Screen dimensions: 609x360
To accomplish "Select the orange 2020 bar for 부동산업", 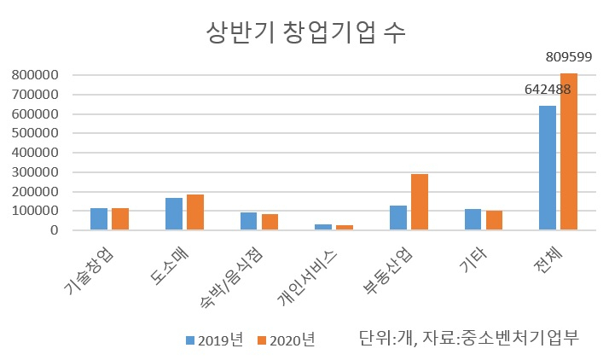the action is tap(420, 202).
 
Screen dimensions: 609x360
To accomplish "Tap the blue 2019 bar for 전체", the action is tap(548, 168).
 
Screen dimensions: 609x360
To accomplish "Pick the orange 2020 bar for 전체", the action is tap(569, 152).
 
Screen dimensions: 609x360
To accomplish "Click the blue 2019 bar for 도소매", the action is tap(174, 214).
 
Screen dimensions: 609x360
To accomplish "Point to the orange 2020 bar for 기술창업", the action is tap(120, 219).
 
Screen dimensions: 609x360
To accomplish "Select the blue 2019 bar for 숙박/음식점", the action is tap(248, 221).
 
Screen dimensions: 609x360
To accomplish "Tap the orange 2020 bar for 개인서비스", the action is tap(345, 228).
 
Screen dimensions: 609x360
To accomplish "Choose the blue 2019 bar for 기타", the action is tap(473, 219).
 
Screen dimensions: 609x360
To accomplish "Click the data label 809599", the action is tap(569, 57).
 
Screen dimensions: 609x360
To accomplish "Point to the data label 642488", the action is tap(548, 90).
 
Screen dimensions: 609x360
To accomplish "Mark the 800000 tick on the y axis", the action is tap(35, 75).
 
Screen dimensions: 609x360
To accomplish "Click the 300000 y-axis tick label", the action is tap(35, 172).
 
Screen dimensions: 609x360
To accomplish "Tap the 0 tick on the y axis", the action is tap(54, 229).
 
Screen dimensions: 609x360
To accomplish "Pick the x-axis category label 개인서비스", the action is tap(307, 276).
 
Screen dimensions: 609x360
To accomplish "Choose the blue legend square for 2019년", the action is tap(190, 340).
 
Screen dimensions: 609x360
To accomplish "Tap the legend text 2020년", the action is tap(292, 340).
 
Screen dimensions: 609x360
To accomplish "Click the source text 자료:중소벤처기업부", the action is tap(501, 337).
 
